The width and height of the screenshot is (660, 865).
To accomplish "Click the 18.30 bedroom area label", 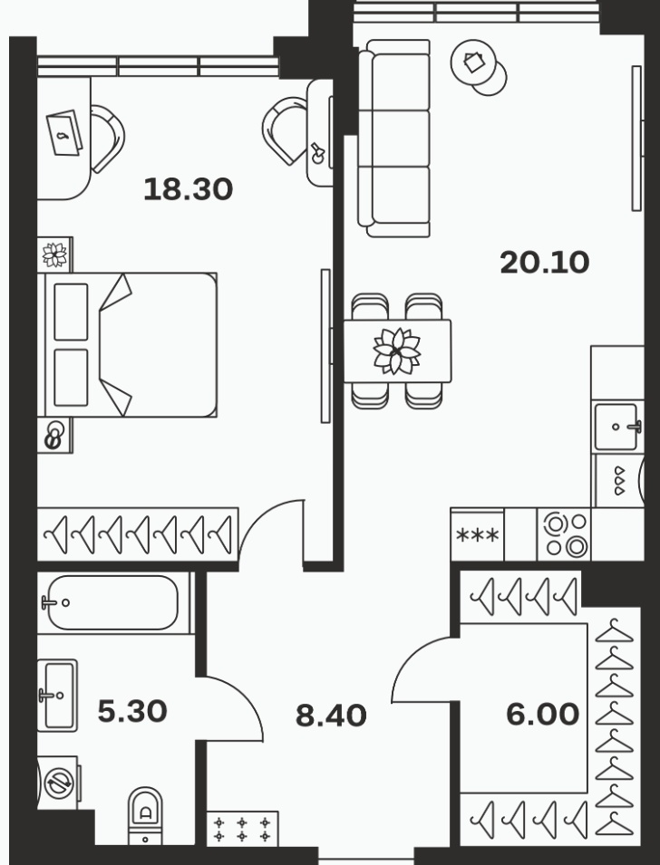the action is click(188, 189).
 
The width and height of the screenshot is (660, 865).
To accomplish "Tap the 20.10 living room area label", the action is click(545, 263).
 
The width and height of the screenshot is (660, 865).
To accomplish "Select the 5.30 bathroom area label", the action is click(132, 711).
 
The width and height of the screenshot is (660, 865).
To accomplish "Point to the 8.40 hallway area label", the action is click(331, 716).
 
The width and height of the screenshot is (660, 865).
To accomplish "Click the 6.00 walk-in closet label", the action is click(542, 715).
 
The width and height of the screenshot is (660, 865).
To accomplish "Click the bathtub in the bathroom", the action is click(112, 603).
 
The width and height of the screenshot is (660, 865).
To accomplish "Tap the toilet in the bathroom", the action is click(145, 816).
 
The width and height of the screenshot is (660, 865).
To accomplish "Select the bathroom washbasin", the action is click(57, 695).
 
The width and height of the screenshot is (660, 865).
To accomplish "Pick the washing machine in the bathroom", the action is click(58, 783).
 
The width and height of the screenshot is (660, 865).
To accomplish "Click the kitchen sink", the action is click(617, 427).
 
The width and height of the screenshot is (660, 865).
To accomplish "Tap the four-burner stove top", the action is click(564, 534).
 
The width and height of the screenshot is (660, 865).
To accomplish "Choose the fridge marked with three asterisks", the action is click(477, 534).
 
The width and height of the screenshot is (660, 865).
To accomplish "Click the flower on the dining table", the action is click(396, 351).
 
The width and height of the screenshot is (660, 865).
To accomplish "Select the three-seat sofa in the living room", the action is click(393, 139).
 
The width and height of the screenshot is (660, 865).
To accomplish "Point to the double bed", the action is click(127, 345).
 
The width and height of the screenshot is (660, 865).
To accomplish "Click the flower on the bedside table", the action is click(54, 255).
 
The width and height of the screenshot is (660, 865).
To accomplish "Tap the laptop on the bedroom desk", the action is click(64, 133).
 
